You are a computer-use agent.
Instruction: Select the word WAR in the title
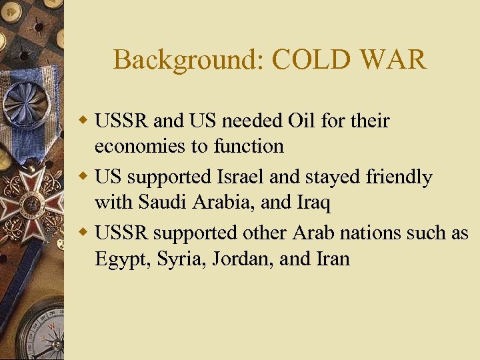394,60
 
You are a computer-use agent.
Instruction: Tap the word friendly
395,177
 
